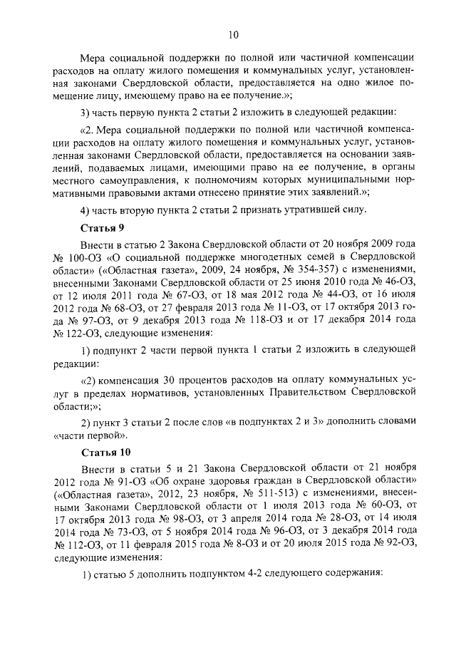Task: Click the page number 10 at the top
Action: (x=233, y=34)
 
